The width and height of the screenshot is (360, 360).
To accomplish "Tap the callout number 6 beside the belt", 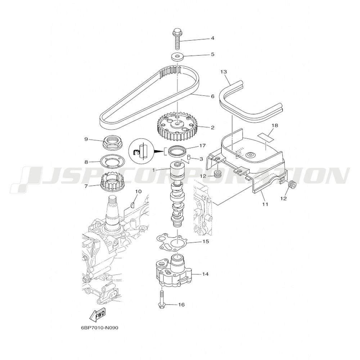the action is tap(212, 96).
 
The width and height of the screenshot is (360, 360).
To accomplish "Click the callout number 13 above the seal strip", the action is tap(224, 72).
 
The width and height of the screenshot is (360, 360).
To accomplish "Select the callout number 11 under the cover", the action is tap(265, 204).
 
